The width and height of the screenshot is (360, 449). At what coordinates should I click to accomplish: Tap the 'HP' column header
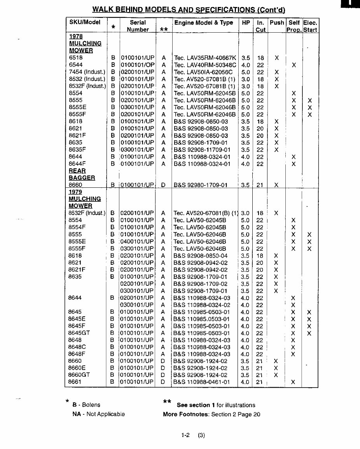(246, 23)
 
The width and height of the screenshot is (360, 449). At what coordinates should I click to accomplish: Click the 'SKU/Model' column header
(84, 22)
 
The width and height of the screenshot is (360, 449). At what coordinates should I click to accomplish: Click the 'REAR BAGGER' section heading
(82, 174)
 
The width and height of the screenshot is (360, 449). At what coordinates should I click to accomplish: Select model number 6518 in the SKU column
(75, 58)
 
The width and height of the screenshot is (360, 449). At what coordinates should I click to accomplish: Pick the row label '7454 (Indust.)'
(87, 72)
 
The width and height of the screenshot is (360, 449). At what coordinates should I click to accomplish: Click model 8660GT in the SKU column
(79, 375)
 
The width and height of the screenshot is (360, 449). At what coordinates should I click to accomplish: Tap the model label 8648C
(77, 347)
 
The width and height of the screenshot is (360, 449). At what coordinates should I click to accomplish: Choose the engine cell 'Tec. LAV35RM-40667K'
(205, 58)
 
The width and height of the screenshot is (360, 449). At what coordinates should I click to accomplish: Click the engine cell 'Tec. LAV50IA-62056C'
(203, 72)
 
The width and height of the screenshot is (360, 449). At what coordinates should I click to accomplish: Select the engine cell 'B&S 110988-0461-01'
(201, 382)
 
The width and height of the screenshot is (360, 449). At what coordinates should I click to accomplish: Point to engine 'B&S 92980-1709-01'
(200, 185)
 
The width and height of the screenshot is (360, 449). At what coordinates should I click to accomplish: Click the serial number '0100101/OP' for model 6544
(137, 65)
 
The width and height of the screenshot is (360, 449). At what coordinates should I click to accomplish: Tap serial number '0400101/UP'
(137, 241)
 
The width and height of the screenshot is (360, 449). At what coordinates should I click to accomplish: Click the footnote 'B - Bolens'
(86, 405)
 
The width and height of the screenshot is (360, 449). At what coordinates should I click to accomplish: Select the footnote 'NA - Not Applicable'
(98, 414)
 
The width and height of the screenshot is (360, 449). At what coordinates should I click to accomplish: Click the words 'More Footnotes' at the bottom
(186, 414)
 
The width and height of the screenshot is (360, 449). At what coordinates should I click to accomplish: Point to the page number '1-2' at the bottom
(185, 435)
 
